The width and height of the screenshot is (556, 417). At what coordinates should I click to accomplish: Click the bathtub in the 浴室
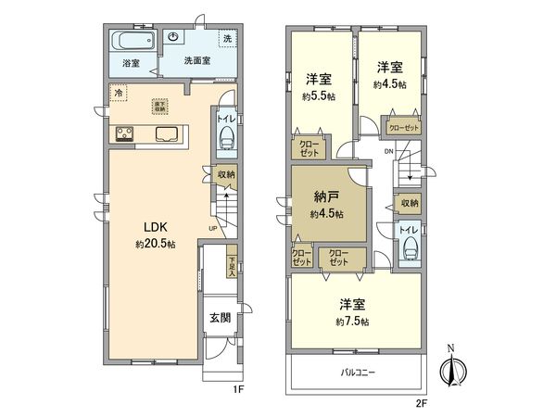pos(127,43)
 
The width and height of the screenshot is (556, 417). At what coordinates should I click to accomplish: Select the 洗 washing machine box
pos(227,39)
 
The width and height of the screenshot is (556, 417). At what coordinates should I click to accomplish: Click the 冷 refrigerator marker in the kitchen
pos(118,93)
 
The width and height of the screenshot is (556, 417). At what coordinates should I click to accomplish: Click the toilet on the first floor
pos(225,136)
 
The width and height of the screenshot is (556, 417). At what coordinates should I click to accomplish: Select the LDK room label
pos(154,227)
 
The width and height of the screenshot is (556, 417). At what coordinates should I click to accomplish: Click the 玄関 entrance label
pos(220,318)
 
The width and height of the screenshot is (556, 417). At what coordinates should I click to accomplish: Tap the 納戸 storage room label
pos(327,197)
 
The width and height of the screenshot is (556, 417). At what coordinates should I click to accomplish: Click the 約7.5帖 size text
pos(353,322)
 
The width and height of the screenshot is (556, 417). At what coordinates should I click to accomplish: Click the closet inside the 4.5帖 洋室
pos(403,129)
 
